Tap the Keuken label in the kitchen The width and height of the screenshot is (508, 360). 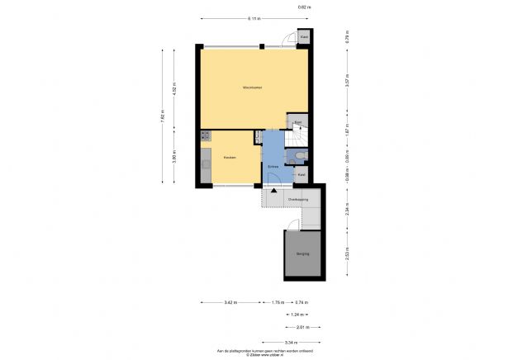point(230,157)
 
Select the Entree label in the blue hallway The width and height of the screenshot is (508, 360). point(272,167)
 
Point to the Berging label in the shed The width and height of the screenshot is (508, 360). point(302,253)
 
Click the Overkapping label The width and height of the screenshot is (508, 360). point(298,200)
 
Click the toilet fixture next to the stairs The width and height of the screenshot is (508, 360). point(301,154)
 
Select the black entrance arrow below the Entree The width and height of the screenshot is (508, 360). point(273,192)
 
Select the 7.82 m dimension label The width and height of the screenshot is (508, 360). point(163,116)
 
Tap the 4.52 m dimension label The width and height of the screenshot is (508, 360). point(174,88)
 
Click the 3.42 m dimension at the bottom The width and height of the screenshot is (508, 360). point(230,303)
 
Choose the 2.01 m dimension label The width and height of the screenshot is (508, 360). point(302,327)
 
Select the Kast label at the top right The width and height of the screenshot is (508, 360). point(304,37)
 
